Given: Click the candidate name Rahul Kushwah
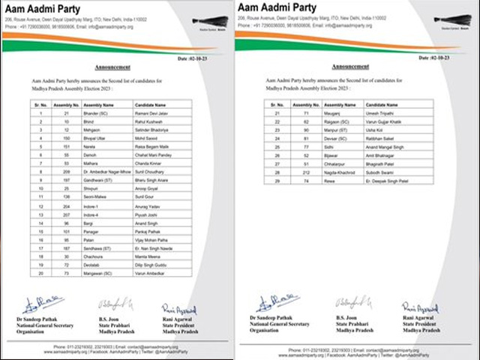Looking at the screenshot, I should [x=149, y=120].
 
